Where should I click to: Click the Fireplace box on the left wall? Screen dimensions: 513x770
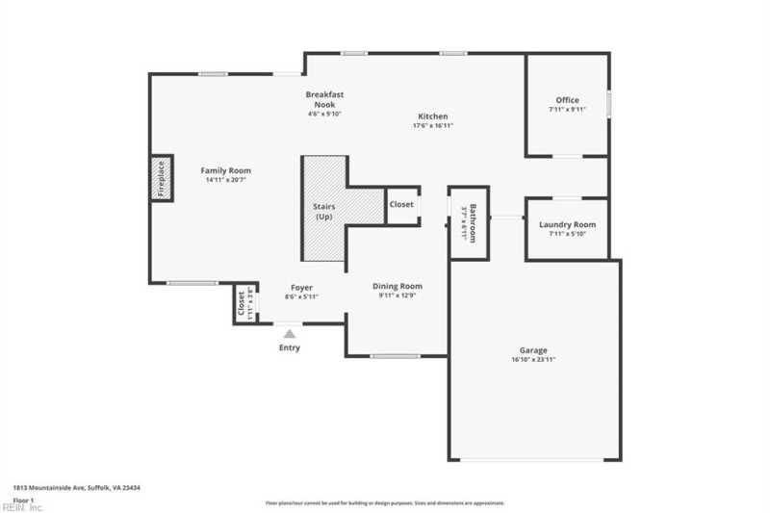(162, 177)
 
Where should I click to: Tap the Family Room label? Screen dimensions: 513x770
(226, 170)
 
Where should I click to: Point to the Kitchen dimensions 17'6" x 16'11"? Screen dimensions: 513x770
(432, 125)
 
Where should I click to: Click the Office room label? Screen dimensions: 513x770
(567, 100)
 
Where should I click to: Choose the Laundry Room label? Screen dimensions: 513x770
(567, 224)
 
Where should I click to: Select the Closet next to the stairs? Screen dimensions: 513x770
(401, 204)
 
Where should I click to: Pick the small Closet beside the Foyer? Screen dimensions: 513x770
(242, 304)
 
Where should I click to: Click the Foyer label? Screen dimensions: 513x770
(301, 287)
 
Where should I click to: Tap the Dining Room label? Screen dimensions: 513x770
(398, 286)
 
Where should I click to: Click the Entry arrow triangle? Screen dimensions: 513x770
(289, 333)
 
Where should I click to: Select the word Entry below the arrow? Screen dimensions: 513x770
(289, 347)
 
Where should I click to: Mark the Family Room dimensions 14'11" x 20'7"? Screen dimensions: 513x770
(226, 180)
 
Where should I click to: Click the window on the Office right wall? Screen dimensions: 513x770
(608, 104)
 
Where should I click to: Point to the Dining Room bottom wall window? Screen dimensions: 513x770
(396, 356)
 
